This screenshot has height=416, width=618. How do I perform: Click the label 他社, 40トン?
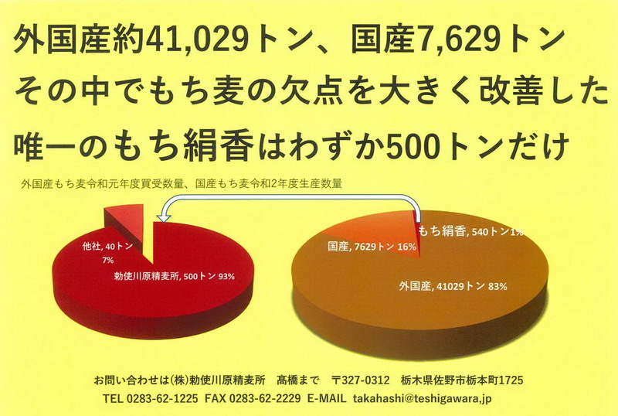[x=107, y=246]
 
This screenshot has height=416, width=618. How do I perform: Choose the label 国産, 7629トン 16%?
[x=372, y=246]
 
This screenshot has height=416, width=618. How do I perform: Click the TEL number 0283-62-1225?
[x=161, y=399]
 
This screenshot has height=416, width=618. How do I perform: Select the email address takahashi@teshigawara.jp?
[x=423, y=399]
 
